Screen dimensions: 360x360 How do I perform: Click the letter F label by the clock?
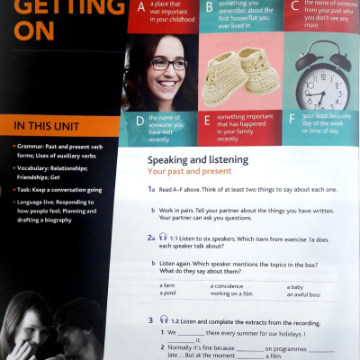tap(292, 118)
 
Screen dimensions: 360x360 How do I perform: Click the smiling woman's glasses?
tap(169, 63)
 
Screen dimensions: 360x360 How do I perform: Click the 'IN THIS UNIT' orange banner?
tap(56, 125)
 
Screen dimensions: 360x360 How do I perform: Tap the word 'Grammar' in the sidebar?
tap(33, 145)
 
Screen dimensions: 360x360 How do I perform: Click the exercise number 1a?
tap(152, 190)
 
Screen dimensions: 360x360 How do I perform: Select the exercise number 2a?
tap(152, 237)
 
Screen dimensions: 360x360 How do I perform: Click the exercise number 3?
tap(150, 319)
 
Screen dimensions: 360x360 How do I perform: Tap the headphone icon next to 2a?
tap(163, 237)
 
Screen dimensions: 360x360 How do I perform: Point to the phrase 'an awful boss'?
tap(304, 293)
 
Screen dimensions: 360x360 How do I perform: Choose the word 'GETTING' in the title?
tap(58, 9)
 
